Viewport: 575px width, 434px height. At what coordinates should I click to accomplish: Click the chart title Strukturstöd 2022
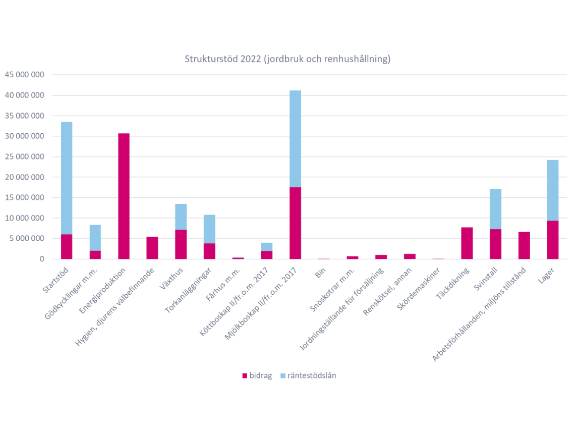[287, 59]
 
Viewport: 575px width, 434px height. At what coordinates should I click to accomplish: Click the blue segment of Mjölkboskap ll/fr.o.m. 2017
[295, 139]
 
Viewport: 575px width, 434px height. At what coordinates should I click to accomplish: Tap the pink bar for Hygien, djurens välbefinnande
[152, 248]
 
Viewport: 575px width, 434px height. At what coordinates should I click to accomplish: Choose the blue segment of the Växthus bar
[181, 216]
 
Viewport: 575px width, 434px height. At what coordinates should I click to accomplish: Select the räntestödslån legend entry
[308, 375]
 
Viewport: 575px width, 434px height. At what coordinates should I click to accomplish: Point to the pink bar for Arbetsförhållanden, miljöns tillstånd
[524, 245]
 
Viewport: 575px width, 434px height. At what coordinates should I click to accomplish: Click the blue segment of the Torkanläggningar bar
[209, 229]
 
